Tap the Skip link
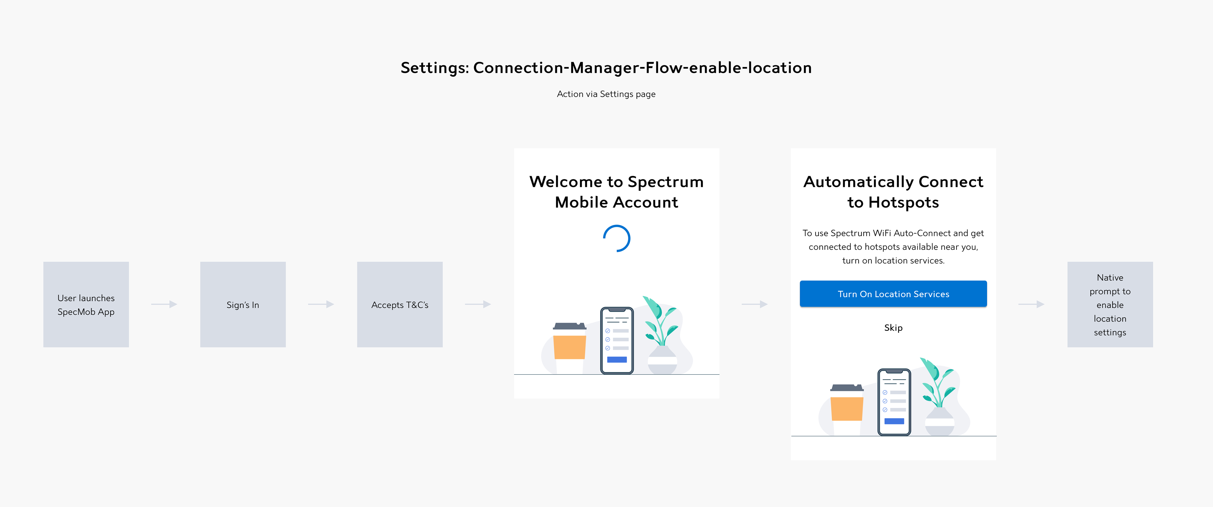pyautogui.click(x=893, y=328)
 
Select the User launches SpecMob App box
pyautogui.click(x=86, y=305)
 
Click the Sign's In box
pyautogui.click(x=243, y=305)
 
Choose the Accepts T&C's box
pyautogui.click(x=400, y=305)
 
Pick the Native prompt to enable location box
pyautogui.click(x=1110, y=305)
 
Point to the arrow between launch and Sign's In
pyautogui.click(x=164, y=305)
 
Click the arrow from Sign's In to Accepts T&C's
pyautogui.click(x=321, y=305)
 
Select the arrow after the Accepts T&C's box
pyautogui.click(x=478, y=305)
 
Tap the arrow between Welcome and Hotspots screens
pyautogui.click(x=755, y=305)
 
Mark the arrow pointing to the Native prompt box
pyautogui.click(x=1031, y=305)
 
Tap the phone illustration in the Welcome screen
pyautogui.click(x=617, y=340)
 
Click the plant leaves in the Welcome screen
pyautogui.click(x=659, y=320)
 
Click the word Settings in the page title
pyautogui.click(x=433, y=68)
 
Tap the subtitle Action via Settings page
pyautogui.click(x=606, y=94)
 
